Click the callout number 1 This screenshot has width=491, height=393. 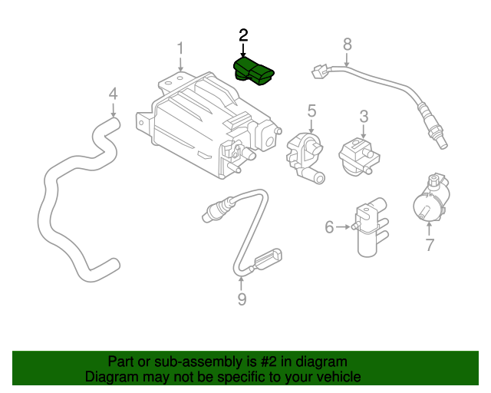pos(180,49)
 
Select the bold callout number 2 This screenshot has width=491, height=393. pos(243,35)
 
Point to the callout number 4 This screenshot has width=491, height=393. pos(113,94)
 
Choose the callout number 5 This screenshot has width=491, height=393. pos(312,111)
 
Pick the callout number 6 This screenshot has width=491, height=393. pos(329,226)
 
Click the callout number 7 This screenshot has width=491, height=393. pos(430,245)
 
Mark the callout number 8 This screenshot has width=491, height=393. pos(347,44)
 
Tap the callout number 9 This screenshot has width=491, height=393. pos(242,299)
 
